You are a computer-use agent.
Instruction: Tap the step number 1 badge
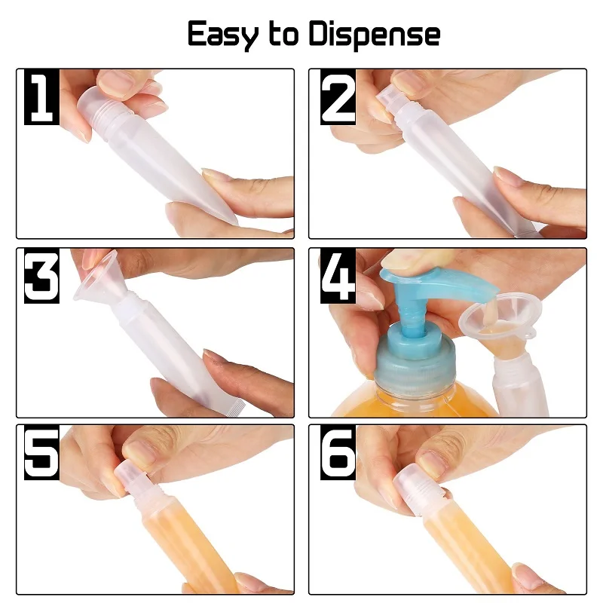coord(42,98)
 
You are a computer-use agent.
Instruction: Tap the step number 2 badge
coord(338,98)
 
